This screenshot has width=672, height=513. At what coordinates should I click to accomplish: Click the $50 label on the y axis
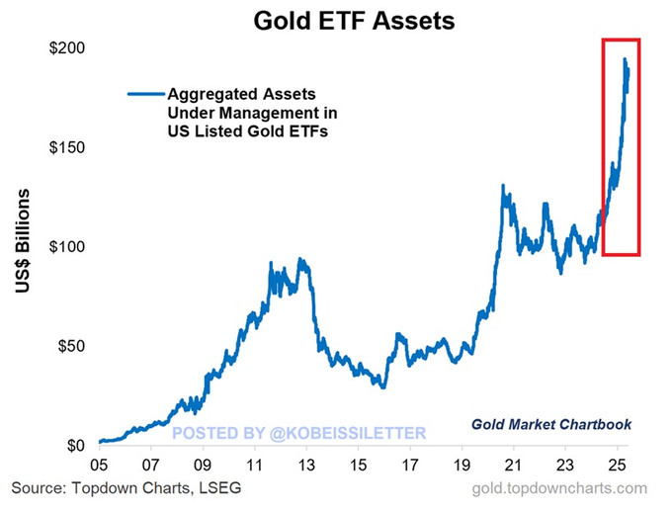click(x=71, y=346)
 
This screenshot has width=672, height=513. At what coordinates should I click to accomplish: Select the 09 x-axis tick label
click(x=203, y=465)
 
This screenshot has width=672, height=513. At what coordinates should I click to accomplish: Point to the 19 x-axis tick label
click(x=462, y=465)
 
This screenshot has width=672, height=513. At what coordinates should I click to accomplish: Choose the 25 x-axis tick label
click(x=617, y=465)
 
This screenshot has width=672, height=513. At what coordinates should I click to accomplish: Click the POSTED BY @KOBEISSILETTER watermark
click(x=299, y=433)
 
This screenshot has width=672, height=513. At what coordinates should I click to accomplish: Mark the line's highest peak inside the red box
click(x=625, y=60)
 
